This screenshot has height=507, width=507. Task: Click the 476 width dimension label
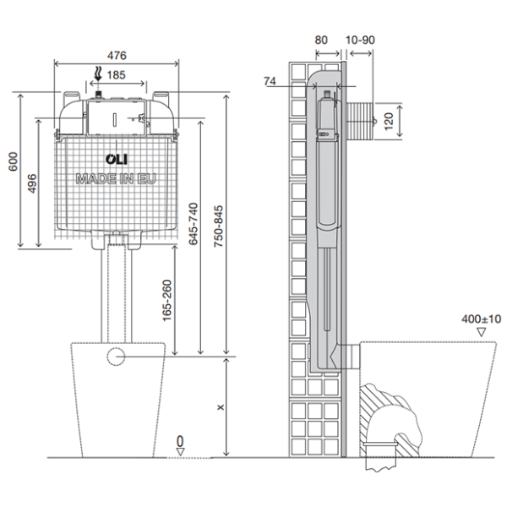click(x=117, y=56)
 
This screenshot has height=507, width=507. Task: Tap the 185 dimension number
click(x=116, y=75)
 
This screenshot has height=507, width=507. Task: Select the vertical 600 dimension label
click(x=14, y=161)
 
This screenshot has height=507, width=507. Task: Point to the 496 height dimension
click(x=32, y=183)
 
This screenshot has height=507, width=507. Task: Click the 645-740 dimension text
click(x=193, y=224)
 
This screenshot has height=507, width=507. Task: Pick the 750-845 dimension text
click(x=219, y=226)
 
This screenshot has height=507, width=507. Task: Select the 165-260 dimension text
click(x=166, y=300)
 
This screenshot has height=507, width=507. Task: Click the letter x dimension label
click(x=221, y=407)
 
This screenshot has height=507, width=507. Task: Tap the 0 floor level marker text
click(x=180, y=441)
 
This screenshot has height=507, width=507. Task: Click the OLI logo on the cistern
click(x=117, y=159)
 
